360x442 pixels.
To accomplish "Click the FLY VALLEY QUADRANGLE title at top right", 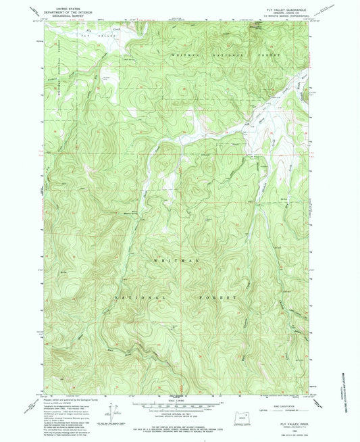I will (286, 8).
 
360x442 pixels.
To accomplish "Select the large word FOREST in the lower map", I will (223, 297).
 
